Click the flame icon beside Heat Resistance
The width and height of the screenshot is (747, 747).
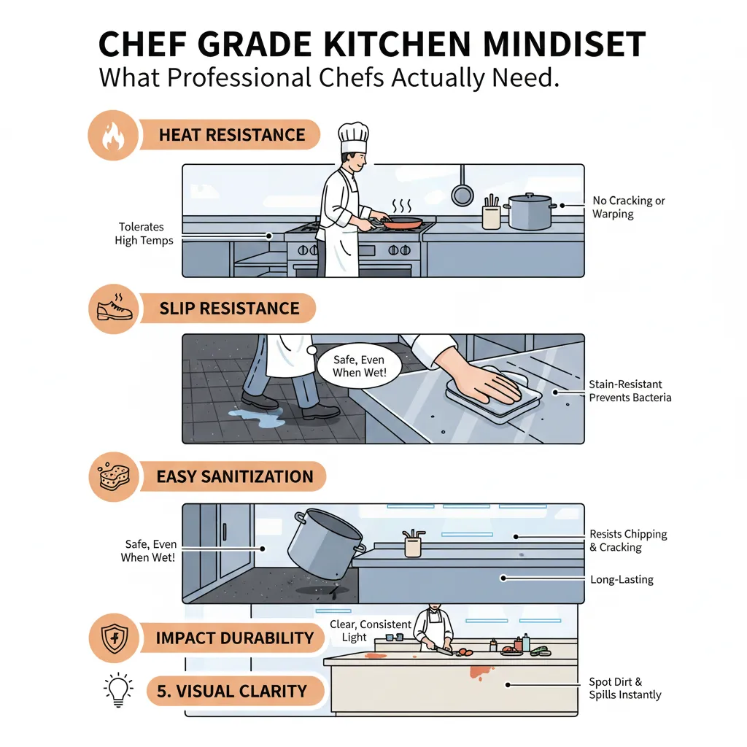point(113,136)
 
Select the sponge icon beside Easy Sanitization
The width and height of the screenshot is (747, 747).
point(113,476)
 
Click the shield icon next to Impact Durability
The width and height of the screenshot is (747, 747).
point(114,638)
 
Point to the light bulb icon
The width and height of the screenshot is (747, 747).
point(118,690)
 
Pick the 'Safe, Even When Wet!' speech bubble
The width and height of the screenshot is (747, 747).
point(358,366)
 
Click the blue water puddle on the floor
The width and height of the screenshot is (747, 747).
point(258,417)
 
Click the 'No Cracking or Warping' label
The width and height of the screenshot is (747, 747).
point(628,207)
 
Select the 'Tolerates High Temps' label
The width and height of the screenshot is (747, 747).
point(144,233)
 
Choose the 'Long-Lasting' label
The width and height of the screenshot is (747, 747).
point(622,579)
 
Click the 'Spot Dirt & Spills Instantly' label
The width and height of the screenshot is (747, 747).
point(624,689)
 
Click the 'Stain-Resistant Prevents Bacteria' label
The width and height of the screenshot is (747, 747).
point(630,391)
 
